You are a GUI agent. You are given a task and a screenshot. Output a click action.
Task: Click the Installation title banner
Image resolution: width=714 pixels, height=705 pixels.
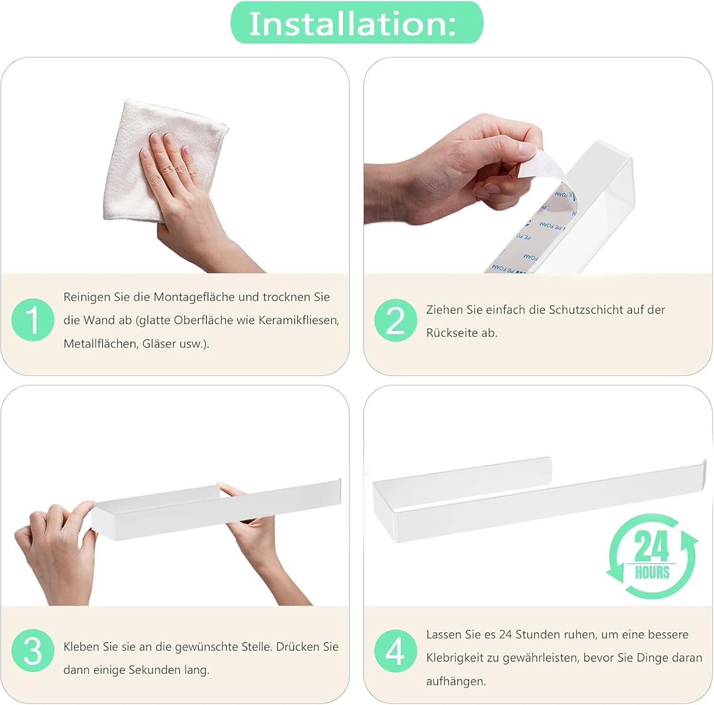(x=357, y=23)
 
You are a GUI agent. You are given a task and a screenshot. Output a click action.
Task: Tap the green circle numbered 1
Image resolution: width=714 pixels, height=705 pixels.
(x=33, y=319)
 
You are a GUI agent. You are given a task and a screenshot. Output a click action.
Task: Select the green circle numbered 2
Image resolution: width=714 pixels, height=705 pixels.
(x=396, y=320)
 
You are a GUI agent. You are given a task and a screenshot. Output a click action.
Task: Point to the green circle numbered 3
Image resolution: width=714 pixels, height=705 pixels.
(x=33, y=651)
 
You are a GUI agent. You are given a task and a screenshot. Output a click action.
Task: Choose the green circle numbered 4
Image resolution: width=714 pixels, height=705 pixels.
(x=396, y=651)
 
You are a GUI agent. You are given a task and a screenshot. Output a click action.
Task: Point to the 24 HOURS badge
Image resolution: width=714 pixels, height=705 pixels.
(x=652, y=556)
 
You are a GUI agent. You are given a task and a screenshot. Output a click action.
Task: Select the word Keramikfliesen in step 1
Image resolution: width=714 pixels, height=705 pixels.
(x=298, y=320)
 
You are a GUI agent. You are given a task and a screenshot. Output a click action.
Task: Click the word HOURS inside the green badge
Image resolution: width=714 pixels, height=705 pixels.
(x=652, y=572)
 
